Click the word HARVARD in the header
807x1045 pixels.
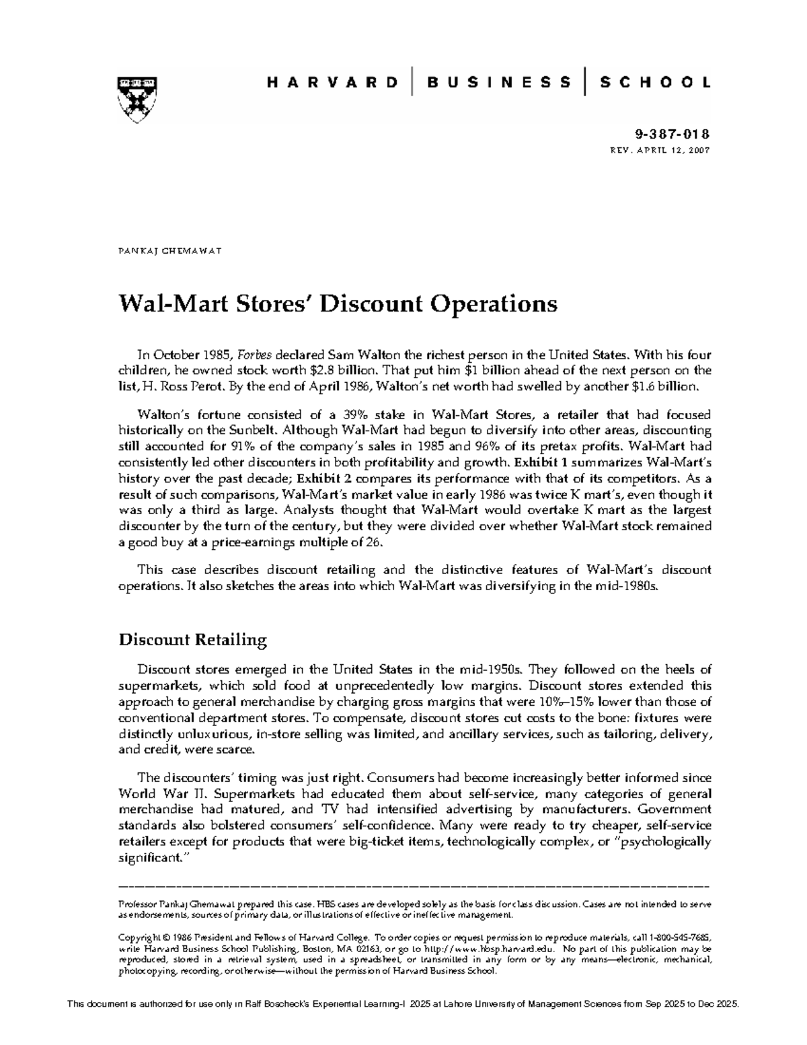tap(332, 83)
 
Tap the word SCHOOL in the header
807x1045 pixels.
tap(654, 83)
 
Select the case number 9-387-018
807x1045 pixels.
tap(682, 134)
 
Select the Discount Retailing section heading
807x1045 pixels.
tap(192, 639)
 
